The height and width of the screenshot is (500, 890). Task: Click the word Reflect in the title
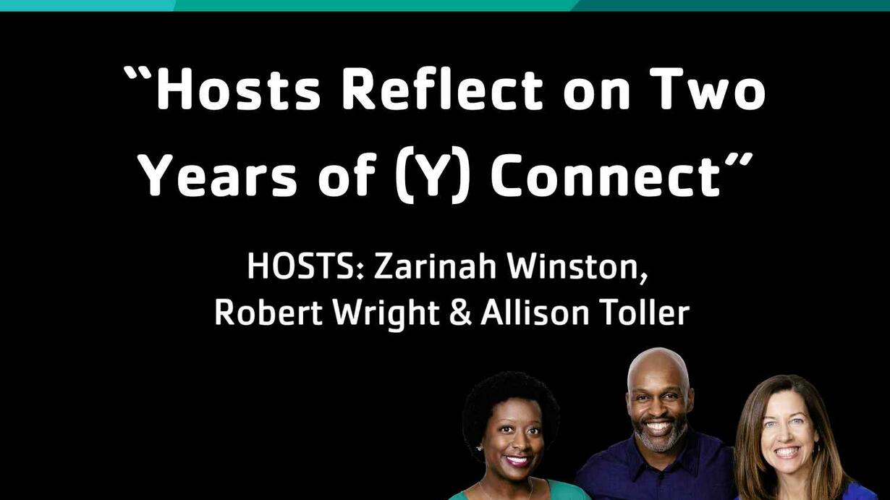442,88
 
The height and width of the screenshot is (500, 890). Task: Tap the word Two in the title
711,89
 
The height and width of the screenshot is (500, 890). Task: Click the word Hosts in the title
238,88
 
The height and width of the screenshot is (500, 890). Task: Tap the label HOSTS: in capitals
305,267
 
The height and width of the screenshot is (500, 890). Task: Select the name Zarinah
435,266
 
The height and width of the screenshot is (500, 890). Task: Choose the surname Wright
386,314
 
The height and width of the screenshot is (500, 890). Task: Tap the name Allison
535,313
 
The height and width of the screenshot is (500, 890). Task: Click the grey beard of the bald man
659,437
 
